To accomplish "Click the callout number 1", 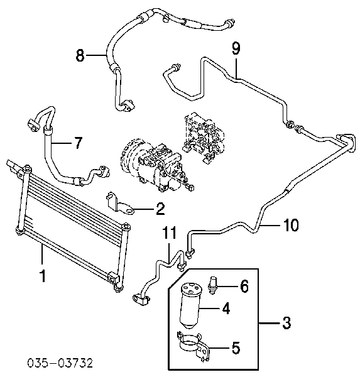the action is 43,276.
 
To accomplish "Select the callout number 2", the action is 160,209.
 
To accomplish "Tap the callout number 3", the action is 286,323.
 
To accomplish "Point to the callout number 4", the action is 226,308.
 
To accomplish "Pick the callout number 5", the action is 236,347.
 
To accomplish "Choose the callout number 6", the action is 244,286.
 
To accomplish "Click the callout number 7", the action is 78,143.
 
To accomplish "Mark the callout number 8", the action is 80,55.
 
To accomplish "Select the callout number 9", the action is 236,48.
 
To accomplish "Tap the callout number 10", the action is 290,225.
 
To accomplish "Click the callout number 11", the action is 169,232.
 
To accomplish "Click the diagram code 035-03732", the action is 60,363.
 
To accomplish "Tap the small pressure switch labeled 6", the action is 212,285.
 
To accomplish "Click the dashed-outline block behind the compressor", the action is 204,137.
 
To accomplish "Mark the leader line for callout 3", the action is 270,324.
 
